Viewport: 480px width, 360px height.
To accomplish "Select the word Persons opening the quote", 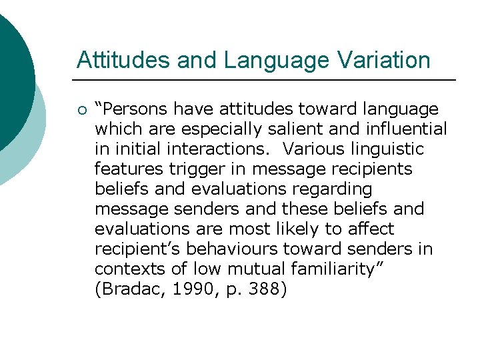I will coord(138,109).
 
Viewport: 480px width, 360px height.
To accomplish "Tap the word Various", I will coord(313,149).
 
